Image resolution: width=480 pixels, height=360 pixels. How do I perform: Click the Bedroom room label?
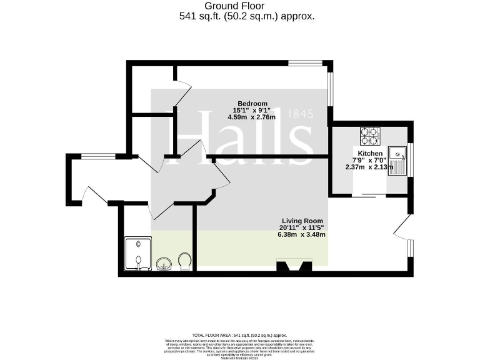click(x=252, y=104)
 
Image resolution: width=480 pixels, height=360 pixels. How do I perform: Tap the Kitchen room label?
click(x=370, y=154)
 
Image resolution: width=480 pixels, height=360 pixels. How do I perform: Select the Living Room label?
click(x=302, y=221)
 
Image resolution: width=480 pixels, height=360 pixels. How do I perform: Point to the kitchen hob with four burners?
click(x=370, y=136)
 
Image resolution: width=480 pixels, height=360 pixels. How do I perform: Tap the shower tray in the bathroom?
click(x=137, y=254)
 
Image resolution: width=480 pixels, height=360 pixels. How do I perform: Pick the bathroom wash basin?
click(x=164, y=264)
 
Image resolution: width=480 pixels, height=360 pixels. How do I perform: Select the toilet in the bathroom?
click(x=184, y=261)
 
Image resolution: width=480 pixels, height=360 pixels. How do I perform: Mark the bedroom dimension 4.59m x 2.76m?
click(x=252, y=117)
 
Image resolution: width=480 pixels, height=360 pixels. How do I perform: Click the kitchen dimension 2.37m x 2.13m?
click(x=370, y=167)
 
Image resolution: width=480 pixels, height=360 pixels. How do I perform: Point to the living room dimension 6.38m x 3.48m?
click(x=302, y=235)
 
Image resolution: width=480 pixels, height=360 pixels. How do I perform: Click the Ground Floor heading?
click(x=230, y=6)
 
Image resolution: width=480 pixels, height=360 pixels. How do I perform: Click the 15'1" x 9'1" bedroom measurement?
click(x=252, y=111)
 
